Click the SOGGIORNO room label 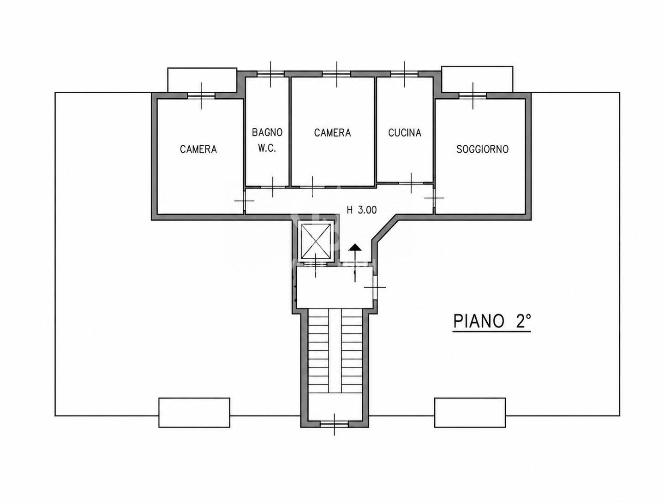[482, 149]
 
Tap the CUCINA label [405, 133]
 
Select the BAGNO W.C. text [267, 140]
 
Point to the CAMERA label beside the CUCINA [332, 133]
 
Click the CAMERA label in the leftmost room [198, 149]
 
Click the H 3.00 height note [361, 210]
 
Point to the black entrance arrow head [355, 248]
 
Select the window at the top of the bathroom [270, 74]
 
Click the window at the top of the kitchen [405, 74]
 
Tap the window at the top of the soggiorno [473, 95]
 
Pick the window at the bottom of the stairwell [334, 425]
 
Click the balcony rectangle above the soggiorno [477, 79]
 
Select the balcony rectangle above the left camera [202, 80]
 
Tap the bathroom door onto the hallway [273, 187]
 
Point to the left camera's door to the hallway [244, 201]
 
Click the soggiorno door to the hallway [434, 198]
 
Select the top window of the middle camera [337, 74]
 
